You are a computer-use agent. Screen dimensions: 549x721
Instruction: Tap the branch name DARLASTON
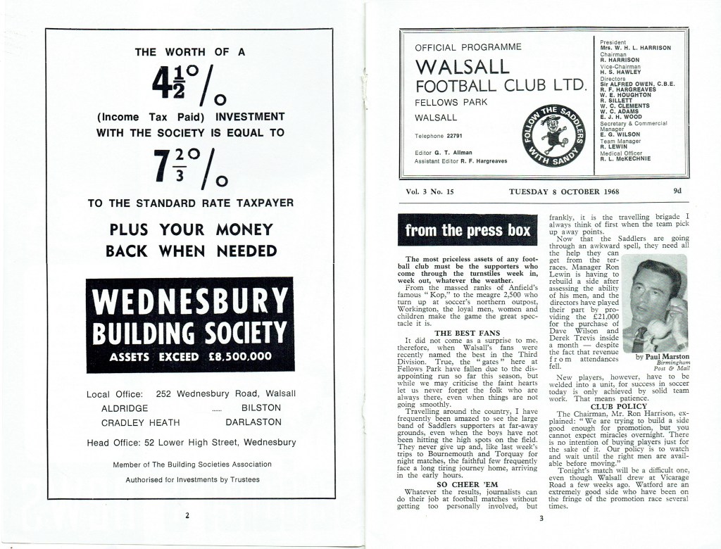253,422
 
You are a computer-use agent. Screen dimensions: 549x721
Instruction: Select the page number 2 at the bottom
187,515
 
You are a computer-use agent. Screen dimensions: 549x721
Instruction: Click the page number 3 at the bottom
541,519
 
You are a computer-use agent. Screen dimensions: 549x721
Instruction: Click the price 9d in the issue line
677,191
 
